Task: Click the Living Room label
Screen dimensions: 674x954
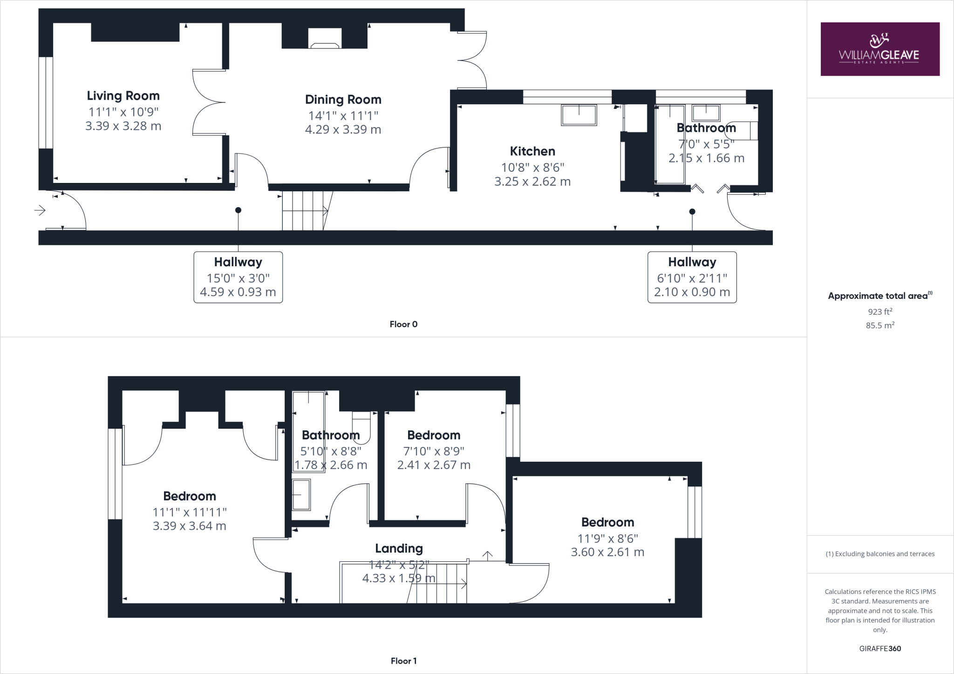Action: [123, 96]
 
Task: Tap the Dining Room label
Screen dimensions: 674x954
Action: [343, 100]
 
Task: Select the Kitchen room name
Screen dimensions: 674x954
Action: [532, 151]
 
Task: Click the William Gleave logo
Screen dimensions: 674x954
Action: [879, 49]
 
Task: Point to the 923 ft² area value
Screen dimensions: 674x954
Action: [880, 312]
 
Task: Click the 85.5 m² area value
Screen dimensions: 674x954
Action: [880, 325]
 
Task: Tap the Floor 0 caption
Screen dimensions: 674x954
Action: [403, 324]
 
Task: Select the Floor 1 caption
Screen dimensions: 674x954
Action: [403, 661]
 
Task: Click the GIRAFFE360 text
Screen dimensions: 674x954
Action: [880, 648]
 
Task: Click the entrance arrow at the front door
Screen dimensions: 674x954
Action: [40, 211]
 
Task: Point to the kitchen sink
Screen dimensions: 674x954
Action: [579, 115]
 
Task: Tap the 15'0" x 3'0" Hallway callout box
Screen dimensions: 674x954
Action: [238, 277]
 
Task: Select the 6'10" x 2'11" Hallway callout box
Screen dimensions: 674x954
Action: [692, 277]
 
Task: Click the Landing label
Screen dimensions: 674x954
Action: [399, 549]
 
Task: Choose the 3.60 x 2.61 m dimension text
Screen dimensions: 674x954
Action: [607, 552]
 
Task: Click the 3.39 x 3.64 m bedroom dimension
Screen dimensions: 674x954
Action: [190, 526]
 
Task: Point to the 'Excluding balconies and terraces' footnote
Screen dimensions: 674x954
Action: [880, 554]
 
